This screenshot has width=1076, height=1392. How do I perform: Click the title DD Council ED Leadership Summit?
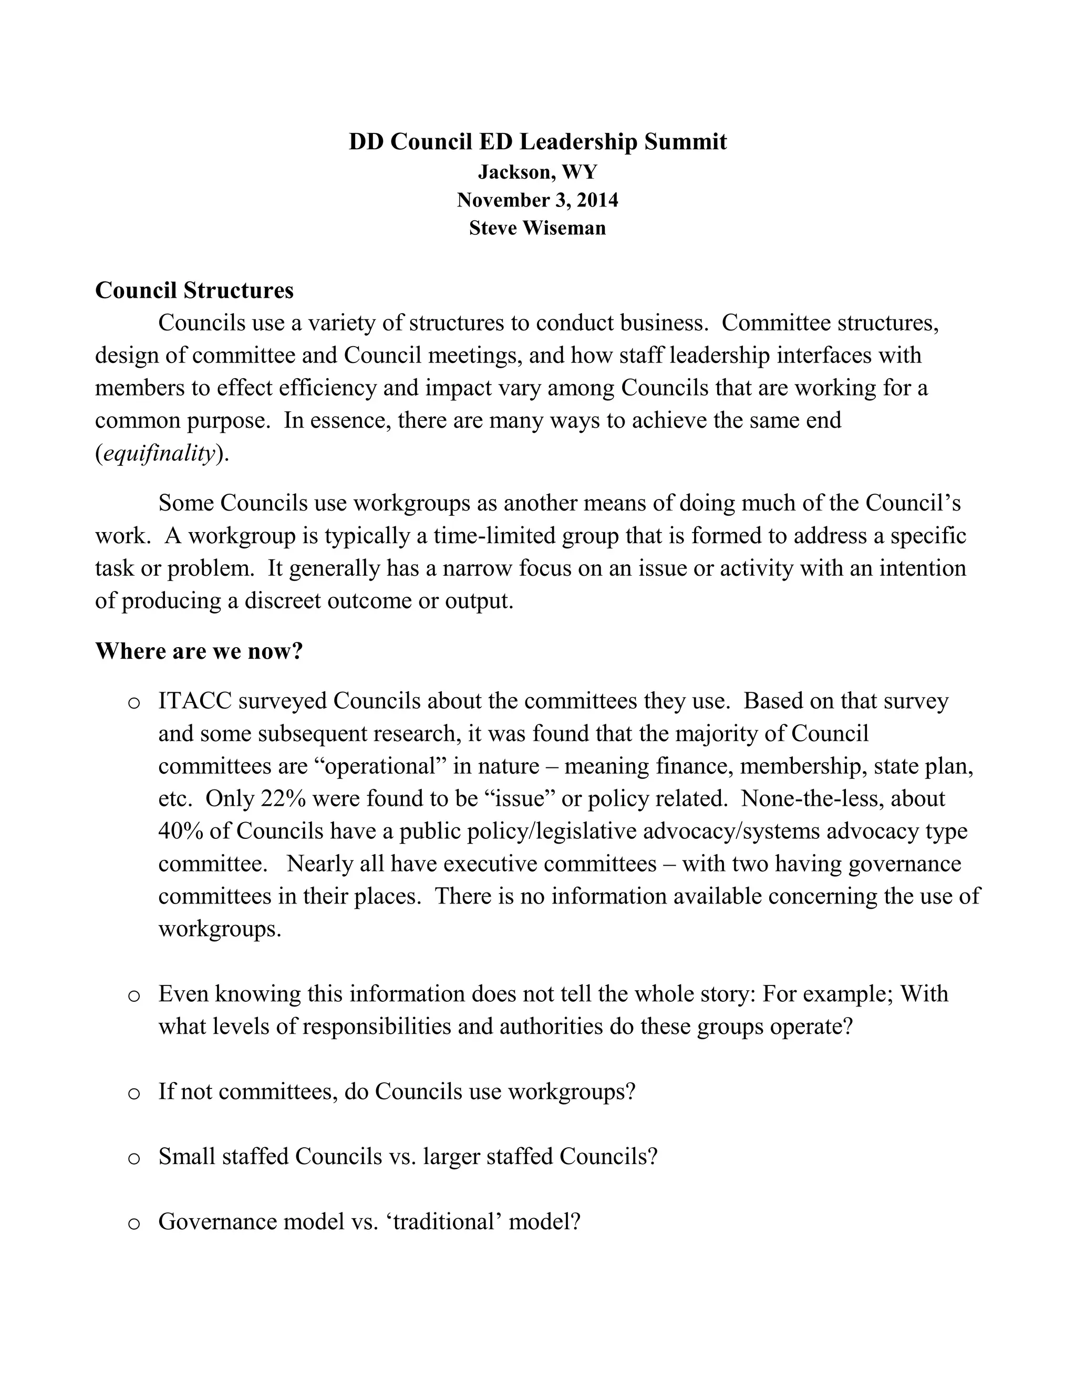(537, 141)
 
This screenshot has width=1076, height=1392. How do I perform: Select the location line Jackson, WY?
(537, 172)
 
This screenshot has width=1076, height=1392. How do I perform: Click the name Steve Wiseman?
(537, 228)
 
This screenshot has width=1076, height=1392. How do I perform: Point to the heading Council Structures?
(194, 290)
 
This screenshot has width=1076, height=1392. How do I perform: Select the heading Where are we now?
(199, 651)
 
